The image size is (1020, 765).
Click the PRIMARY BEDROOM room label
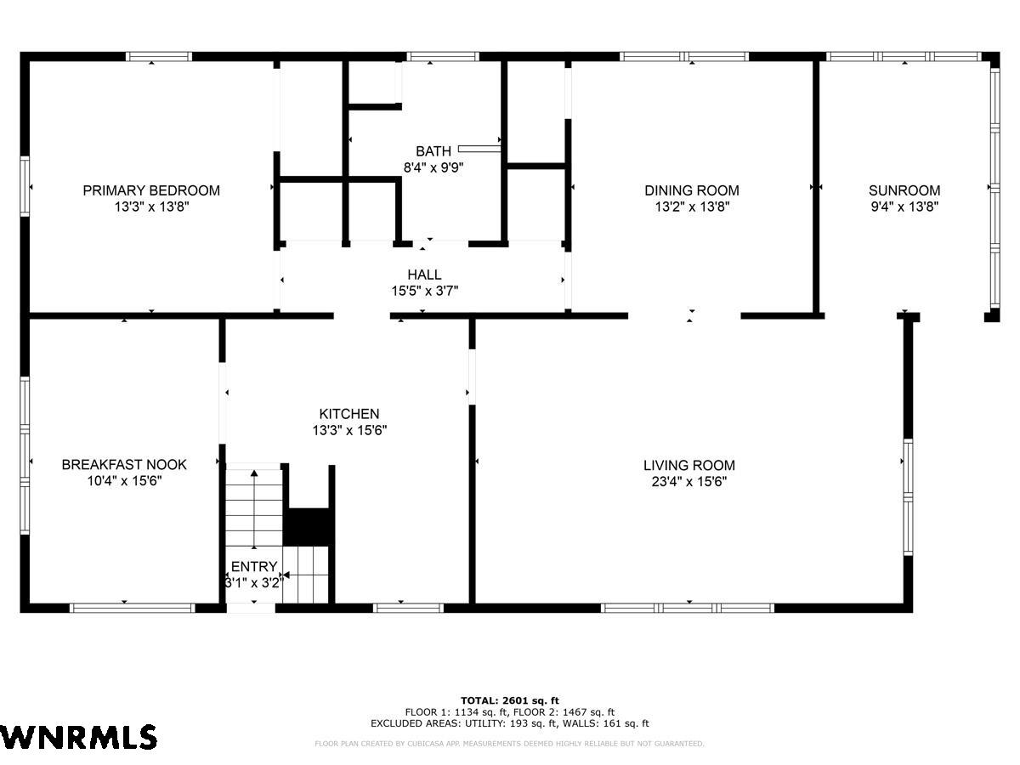coord(151,190)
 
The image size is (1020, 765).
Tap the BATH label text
coord(433,151)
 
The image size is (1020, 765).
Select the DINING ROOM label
coord(691,190)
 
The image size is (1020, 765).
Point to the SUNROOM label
coord(904,190)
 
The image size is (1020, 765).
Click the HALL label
coord(424,275)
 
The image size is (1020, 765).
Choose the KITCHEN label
coord(349,414)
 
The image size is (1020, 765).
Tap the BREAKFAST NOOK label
coord(124,464)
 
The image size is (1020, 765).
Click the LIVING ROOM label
coord(689,465)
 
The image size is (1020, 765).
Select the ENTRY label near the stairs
coord(254,567)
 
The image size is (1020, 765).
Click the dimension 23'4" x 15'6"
coord(689,482)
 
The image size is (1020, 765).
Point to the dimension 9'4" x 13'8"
coord(904,207)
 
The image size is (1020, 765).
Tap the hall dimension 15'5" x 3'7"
coord(424,292)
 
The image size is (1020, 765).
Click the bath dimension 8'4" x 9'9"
coord(433,167)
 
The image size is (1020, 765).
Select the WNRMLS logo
coord(78,737)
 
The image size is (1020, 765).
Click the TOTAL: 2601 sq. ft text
coord(510,700)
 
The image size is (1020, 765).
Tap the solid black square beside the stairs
coord(309,527)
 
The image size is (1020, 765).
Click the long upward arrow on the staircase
coord(254,509)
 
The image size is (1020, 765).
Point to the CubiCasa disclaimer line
coord(509,744)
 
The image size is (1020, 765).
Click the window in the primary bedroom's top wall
coord(158,57)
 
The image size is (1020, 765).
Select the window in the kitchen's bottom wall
coord(409,608)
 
